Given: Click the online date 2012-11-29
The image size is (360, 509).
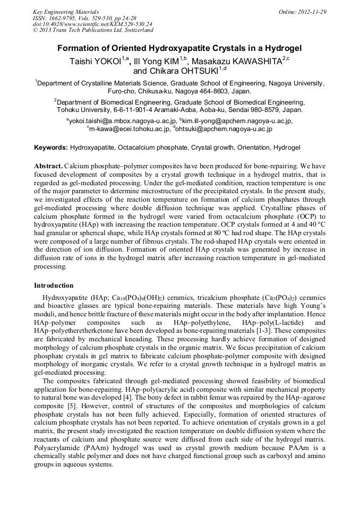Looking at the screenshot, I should pyautogui.click(x=312, y=12).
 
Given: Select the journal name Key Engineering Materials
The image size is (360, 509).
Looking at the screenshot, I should pyautogui.click(x=66, y=12).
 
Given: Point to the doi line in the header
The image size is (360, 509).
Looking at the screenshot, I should pyautogui.click(x=93, y=24).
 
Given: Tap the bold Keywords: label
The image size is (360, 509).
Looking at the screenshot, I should pyautogui.click(x=51, y=147).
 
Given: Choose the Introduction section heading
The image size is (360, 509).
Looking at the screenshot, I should pyautogui.click(x=54, y=285).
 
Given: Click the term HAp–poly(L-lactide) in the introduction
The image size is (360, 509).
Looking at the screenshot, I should pyautogui.click(x=268, y=322).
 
